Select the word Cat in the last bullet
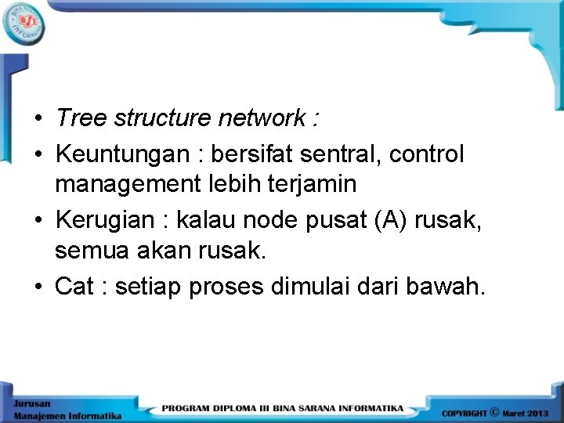(x=74, y=287)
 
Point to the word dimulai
(x=312, y=287)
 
